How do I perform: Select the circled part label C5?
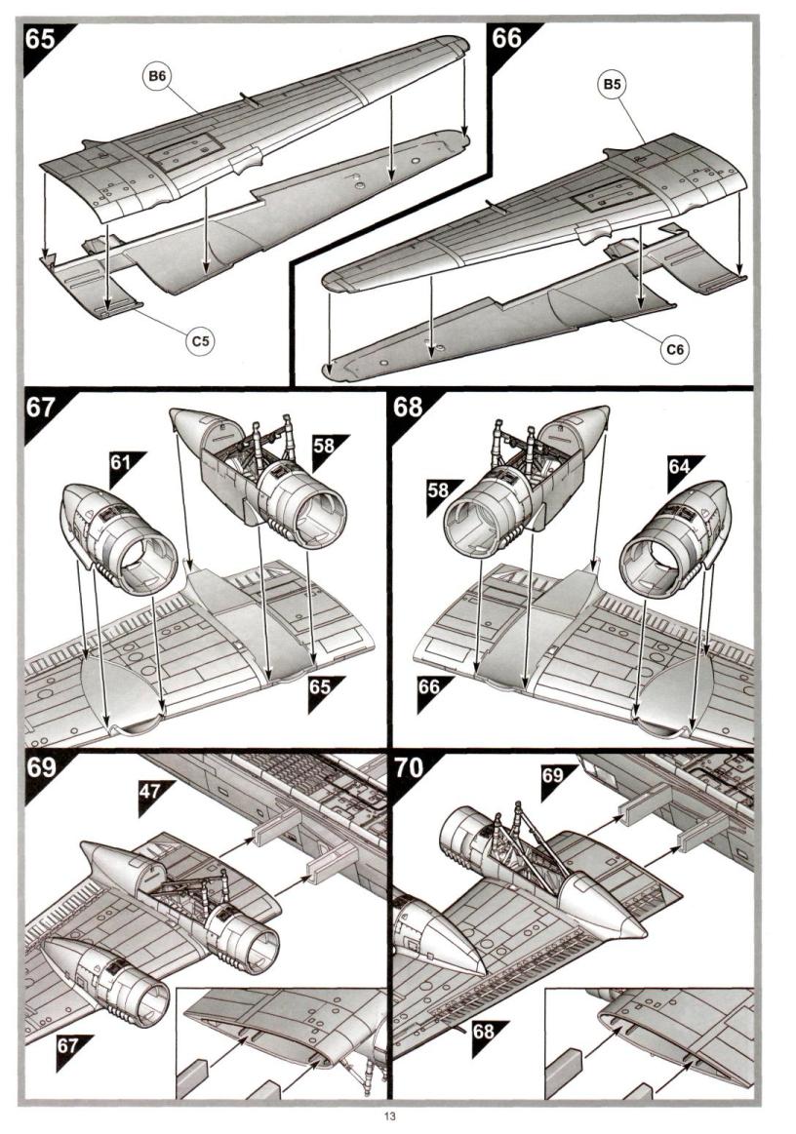point(202,340)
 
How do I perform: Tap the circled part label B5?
point(612,86)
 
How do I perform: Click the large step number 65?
point(42,40)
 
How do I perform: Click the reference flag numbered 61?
point(123,465)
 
